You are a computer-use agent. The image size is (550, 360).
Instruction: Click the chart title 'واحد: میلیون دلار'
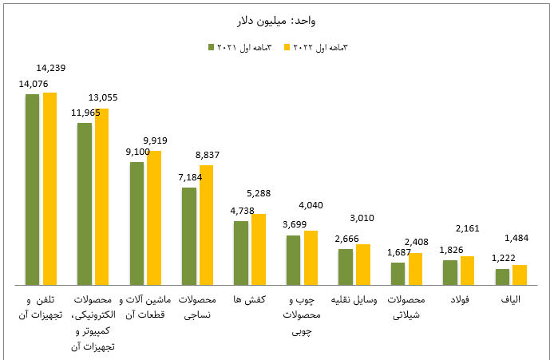[x=275, y=21]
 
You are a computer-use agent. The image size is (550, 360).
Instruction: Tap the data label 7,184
[x=190, y=176]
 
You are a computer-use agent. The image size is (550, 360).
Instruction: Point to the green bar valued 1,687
[x=397, y=273]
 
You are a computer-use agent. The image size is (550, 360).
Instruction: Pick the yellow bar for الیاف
[x=520, y=274]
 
